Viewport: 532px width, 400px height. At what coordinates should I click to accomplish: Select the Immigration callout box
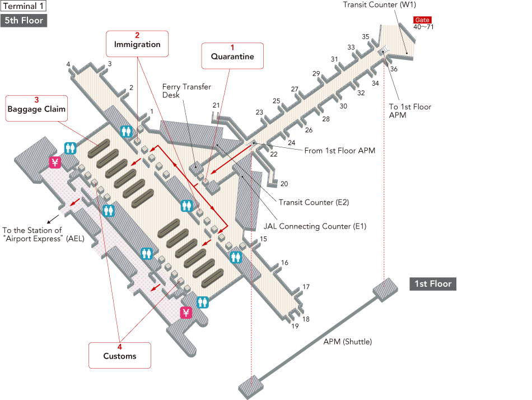137,43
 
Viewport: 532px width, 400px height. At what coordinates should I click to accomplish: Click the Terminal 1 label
24,6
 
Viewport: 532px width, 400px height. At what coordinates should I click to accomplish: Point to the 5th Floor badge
24,21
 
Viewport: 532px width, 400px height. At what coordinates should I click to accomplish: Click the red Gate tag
422,20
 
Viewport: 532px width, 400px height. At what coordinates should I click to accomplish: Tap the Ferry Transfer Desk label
186,91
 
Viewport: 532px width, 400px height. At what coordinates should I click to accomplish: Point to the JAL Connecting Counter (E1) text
315,226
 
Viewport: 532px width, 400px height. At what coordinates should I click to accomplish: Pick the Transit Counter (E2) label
314,203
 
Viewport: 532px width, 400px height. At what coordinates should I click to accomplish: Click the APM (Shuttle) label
347,342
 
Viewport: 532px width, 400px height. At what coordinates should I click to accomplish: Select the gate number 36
394,69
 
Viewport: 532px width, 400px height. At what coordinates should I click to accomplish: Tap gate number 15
263,239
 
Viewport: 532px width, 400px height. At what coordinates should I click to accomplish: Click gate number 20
284,184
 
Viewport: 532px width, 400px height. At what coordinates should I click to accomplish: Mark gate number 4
68,64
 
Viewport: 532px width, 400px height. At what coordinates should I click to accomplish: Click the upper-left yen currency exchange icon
55,162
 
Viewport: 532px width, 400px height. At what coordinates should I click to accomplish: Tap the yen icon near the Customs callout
186,313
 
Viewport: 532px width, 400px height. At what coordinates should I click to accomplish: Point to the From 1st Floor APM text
339,151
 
